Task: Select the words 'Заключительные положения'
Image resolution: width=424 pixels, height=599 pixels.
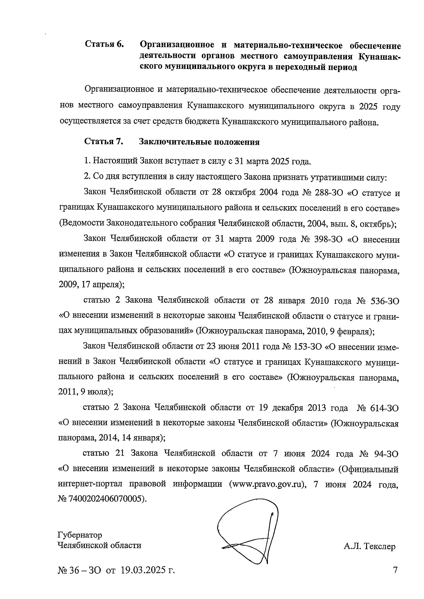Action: (x=200, y=142)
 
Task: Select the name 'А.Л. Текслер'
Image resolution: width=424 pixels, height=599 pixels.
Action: (x=369, y=547)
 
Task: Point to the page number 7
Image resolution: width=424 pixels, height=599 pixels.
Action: (x=395, y=570)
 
